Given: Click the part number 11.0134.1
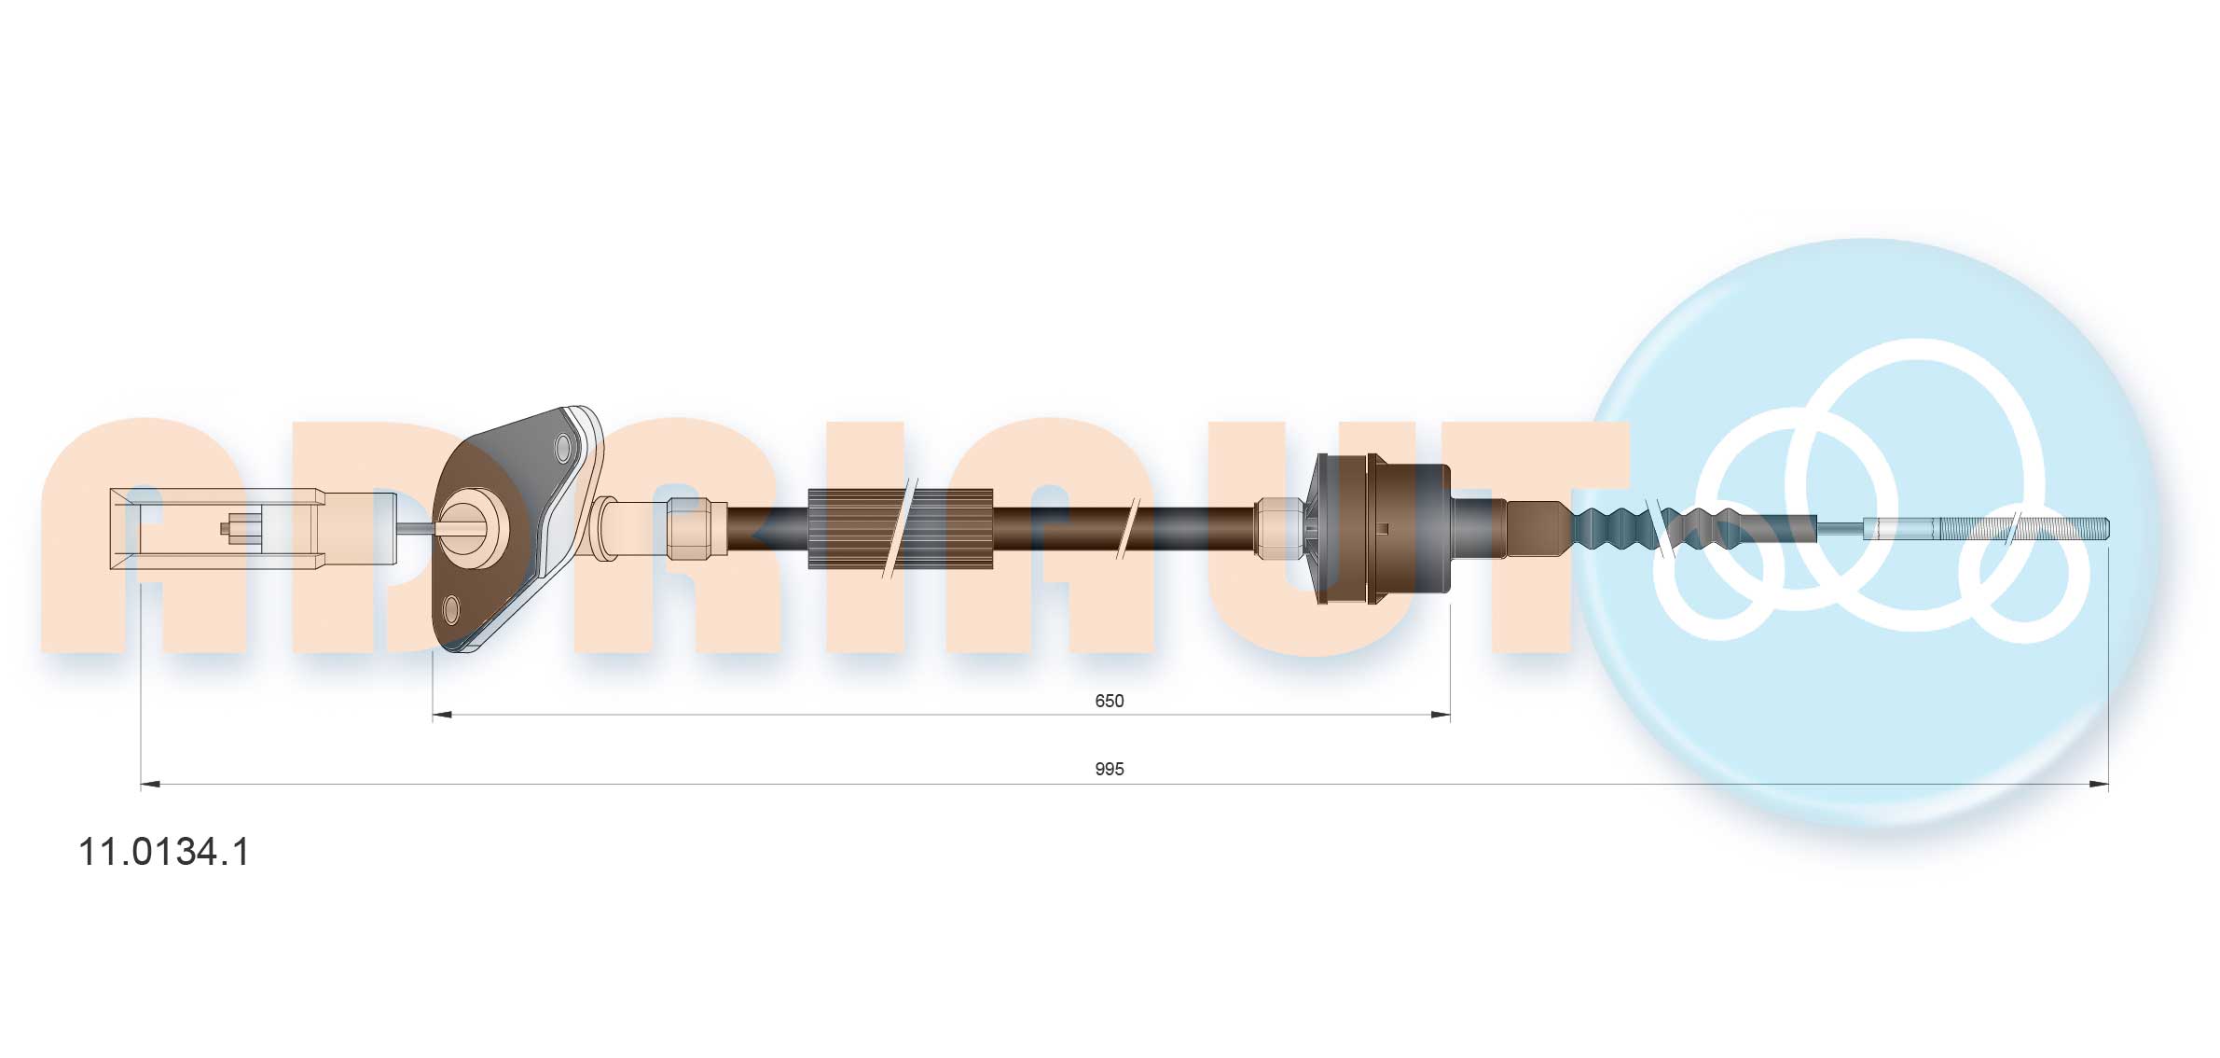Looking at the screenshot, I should [x=164, y=852].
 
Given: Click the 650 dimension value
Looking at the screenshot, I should [x=1109, y=701].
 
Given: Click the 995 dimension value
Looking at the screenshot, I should [x=1109, y=769].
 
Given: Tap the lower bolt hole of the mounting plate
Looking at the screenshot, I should [x=451, y=610].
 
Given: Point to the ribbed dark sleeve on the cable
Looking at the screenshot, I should [x=899, y=528].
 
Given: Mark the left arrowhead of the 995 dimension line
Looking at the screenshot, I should [x=150, y=785].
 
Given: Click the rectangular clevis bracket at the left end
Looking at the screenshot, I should [x=214, y=528].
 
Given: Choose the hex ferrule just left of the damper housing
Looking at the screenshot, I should [x=1279, y=528].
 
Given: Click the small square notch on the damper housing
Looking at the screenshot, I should [x=1383, y=529].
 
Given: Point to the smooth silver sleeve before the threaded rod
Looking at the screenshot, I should [x=1900, y=528].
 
